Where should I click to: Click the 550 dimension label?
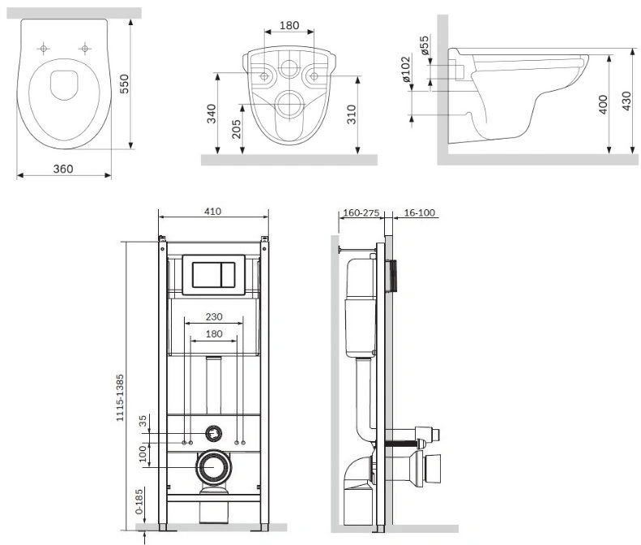(124, 84)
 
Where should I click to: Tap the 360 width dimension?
(63, 169)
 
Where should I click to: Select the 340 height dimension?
(212, 114)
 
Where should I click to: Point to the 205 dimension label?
(237, 129)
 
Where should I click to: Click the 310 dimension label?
(352, 114)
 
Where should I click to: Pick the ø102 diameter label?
(405, 69)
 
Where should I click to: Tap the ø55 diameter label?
(425, 45)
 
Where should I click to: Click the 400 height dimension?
(603, 105)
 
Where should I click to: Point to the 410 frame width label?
(213, 211)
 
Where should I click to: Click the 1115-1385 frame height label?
(120, 397)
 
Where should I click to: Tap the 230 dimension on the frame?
(214, 316)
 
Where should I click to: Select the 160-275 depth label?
(361, 212)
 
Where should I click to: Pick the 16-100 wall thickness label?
(420, 212)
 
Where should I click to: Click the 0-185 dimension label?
(139, 501)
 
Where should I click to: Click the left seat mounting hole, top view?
(43, 49)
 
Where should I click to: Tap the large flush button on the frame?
(207, 275)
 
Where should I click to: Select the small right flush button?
(228, 275)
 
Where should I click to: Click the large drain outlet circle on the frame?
(213, 467)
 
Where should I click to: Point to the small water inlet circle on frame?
(213, 433)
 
